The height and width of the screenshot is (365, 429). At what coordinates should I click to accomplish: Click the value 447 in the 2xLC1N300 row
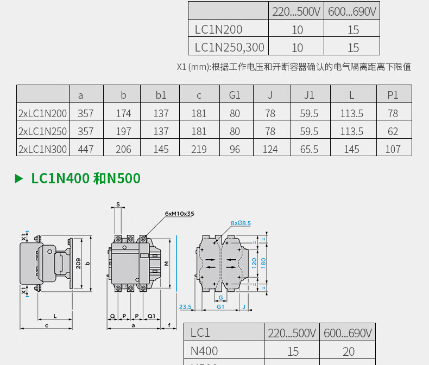coord(86,149)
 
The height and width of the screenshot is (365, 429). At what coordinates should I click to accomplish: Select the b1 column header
coord(161,95)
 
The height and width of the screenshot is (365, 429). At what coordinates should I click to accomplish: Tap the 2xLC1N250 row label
coord(43,132)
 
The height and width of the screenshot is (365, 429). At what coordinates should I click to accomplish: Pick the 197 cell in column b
coord(123,132)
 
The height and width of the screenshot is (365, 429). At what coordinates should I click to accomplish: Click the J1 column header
coord(309,95)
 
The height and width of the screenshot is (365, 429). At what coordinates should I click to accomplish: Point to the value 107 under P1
coord(393,149)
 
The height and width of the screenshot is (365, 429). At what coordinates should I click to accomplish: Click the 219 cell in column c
coord(199,149)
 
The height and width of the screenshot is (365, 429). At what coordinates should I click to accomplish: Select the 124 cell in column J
coord(270,149)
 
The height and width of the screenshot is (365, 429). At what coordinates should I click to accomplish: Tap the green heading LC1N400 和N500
coord(86,178)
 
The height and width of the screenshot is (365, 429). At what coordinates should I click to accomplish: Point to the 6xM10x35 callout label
coord(179,214)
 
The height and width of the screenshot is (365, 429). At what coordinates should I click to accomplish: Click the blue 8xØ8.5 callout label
coord(241,223)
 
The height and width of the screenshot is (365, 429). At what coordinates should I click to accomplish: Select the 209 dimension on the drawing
coord(78,264)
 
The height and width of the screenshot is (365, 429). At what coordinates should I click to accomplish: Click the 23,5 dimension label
coord(185,307)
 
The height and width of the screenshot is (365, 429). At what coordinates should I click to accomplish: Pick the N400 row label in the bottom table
coord(204,351)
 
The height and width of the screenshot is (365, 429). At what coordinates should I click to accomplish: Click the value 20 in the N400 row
coord(349,352)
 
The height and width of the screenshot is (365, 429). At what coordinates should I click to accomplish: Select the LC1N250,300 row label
coord(229,48)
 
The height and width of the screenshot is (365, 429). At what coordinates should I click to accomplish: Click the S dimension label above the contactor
coord(118,204)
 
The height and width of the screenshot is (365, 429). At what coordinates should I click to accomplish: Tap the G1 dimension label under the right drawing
coord(220,307)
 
